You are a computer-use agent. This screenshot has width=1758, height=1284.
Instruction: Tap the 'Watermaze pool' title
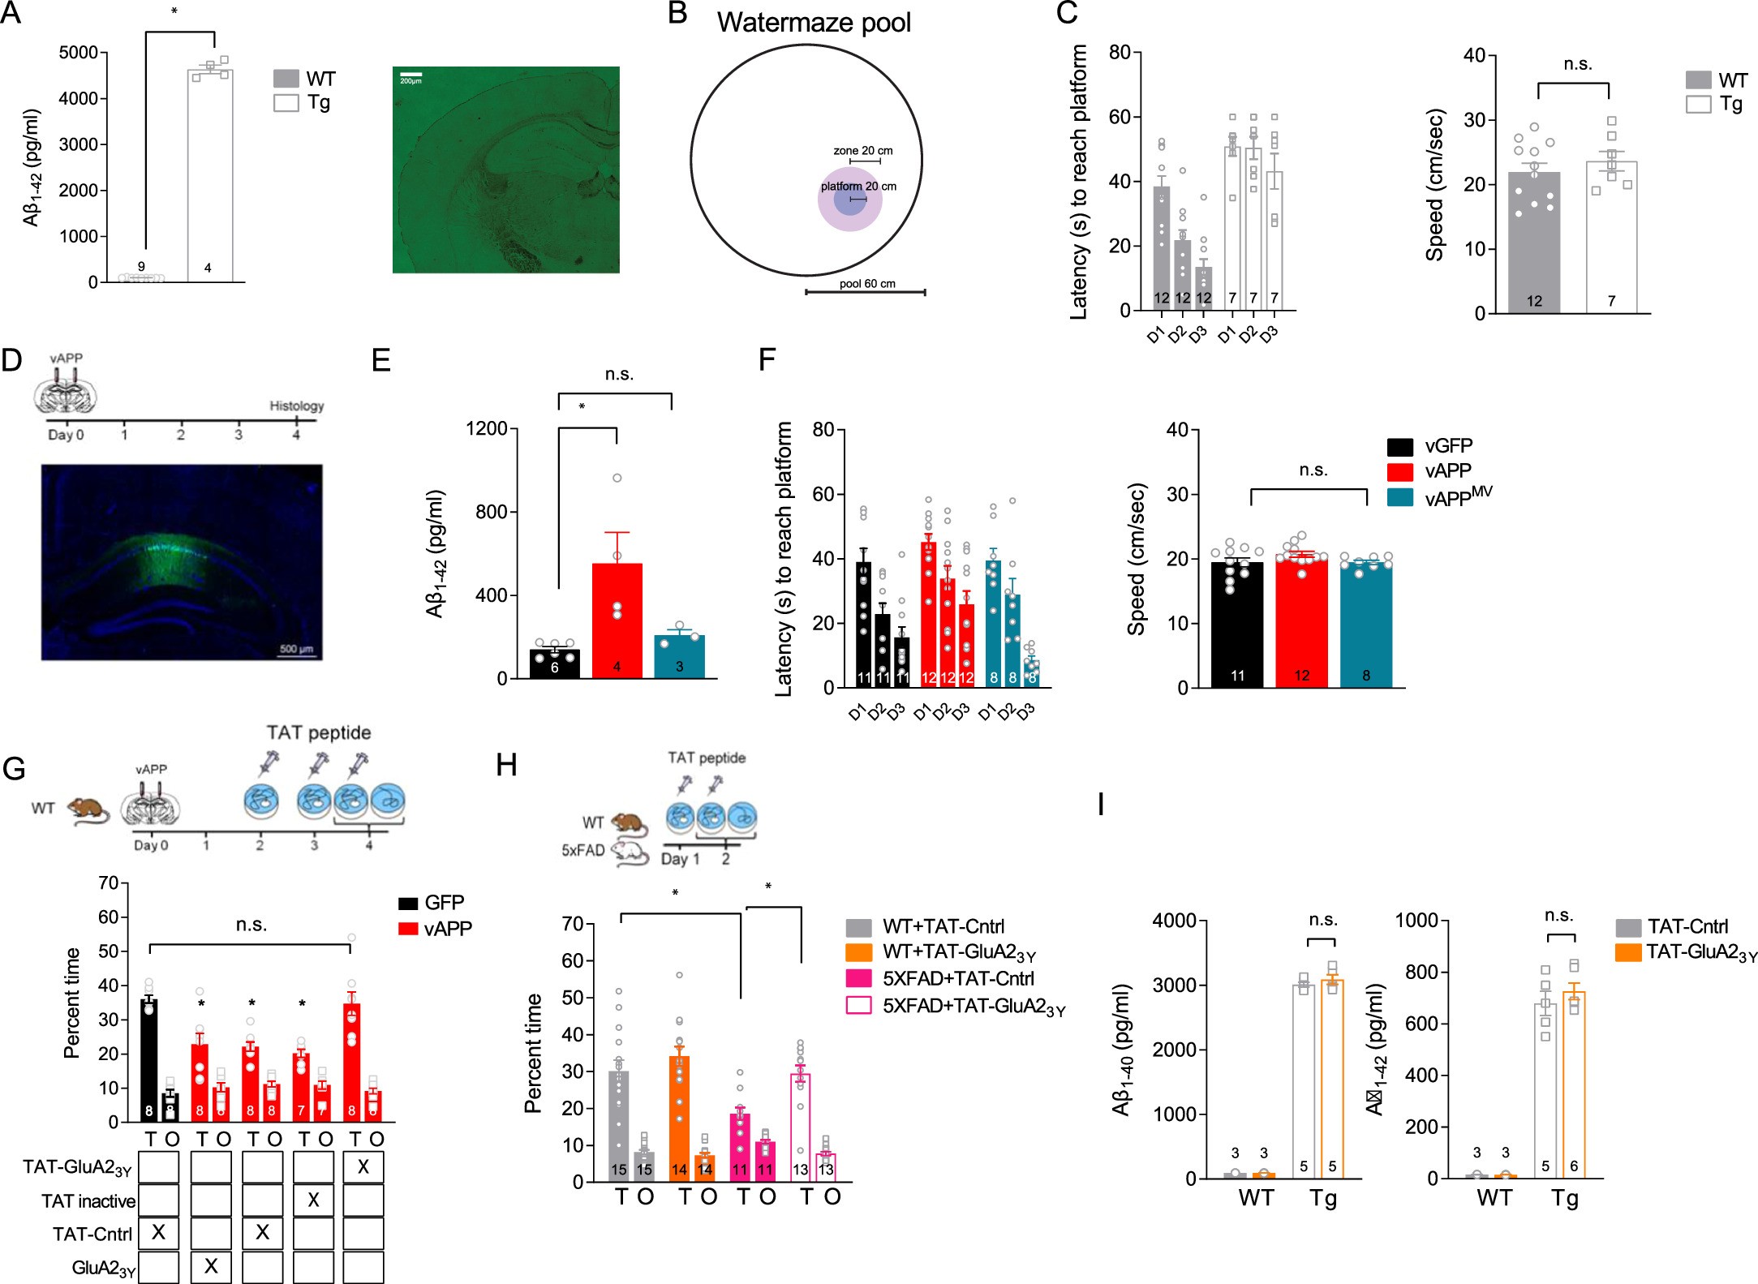coord(813,23)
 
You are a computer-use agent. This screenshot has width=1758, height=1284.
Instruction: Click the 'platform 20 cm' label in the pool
coord(858,187)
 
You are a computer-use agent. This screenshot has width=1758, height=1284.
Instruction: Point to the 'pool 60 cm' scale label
coord(866,284)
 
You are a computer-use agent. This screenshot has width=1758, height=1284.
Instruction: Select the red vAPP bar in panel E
coord(617,620)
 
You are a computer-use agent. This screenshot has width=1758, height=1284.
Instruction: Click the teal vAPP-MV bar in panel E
coord(679,656)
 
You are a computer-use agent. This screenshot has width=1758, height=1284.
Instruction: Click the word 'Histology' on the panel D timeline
coord(296,406)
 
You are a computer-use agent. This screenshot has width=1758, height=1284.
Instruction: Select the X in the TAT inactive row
coord(313,1200)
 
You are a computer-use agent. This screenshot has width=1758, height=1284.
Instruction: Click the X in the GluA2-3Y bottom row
coord(211,1266)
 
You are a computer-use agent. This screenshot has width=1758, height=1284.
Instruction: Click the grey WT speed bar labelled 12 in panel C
coord(1533,243)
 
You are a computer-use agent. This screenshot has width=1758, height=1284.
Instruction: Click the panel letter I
coord(1100,805)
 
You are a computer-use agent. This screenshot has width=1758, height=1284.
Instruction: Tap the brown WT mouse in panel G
coord(88,809)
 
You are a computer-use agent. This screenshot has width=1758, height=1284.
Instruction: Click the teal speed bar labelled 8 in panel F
coord(1365,625)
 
